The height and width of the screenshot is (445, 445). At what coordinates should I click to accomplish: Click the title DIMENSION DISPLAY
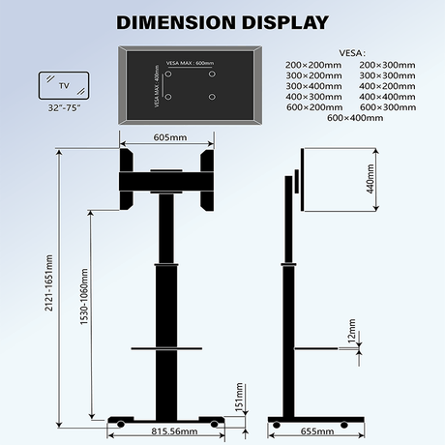[x=222, y=20]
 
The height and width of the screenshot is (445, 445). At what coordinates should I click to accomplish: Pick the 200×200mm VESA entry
[x=313, y=65]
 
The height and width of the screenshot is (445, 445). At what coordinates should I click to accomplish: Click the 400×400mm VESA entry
[x=387, y=97]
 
